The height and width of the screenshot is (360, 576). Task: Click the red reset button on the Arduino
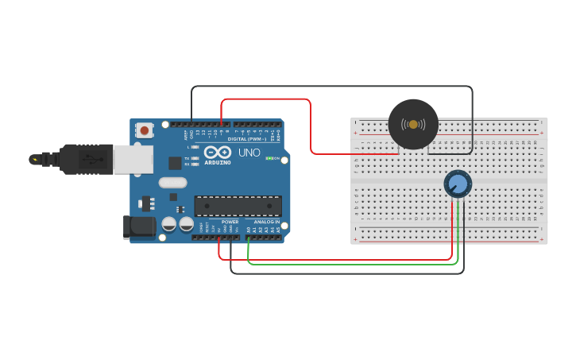145,129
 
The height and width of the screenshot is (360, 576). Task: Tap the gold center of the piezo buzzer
413,124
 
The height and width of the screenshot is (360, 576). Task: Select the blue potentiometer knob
457,184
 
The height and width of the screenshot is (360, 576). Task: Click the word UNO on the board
249,152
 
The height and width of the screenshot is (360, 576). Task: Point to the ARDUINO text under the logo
218,162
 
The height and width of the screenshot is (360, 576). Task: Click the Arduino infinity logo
217,151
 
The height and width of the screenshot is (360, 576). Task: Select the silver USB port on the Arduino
133,159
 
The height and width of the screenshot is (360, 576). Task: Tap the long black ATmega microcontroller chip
238,206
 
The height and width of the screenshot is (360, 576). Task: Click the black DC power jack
140,226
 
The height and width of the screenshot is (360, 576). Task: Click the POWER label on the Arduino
230,222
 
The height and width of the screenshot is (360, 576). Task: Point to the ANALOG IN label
267,222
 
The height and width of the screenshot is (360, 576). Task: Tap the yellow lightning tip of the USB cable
34,159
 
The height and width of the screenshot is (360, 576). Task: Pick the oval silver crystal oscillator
172,183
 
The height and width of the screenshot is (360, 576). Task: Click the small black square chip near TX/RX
175,163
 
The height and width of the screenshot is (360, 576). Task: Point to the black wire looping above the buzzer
334,87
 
